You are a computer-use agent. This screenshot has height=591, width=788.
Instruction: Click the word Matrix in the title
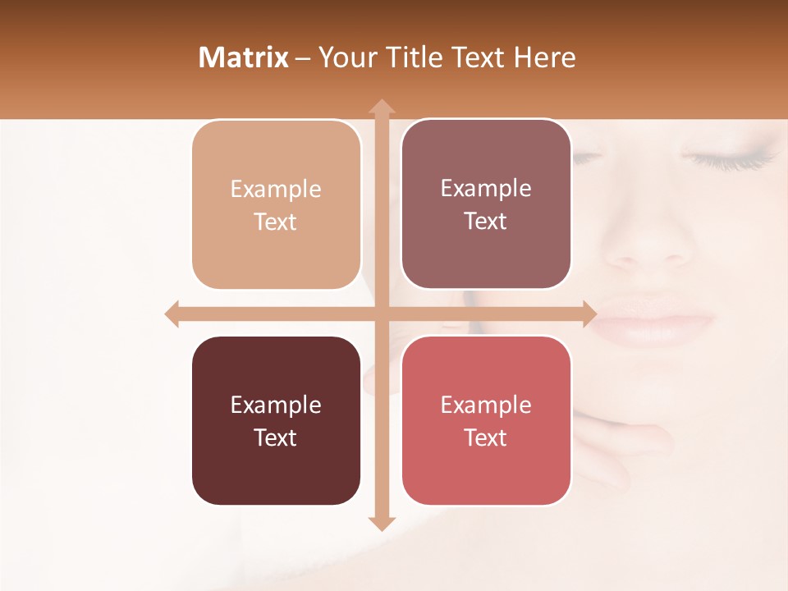coord(243,57)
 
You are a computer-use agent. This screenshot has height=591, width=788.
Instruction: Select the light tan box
coord(276,205)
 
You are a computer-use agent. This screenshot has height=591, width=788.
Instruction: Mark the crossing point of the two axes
coord(381,314)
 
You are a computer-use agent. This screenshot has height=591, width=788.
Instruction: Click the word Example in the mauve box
coord(486,189)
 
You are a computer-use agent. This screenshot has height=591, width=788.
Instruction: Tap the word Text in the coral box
coord(486,438)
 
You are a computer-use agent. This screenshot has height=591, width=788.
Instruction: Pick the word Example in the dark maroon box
coord(276,405)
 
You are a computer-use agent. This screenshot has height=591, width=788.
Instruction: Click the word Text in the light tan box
coord(276,222)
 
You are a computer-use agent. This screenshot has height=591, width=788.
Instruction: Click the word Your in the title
coord(346,57)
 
